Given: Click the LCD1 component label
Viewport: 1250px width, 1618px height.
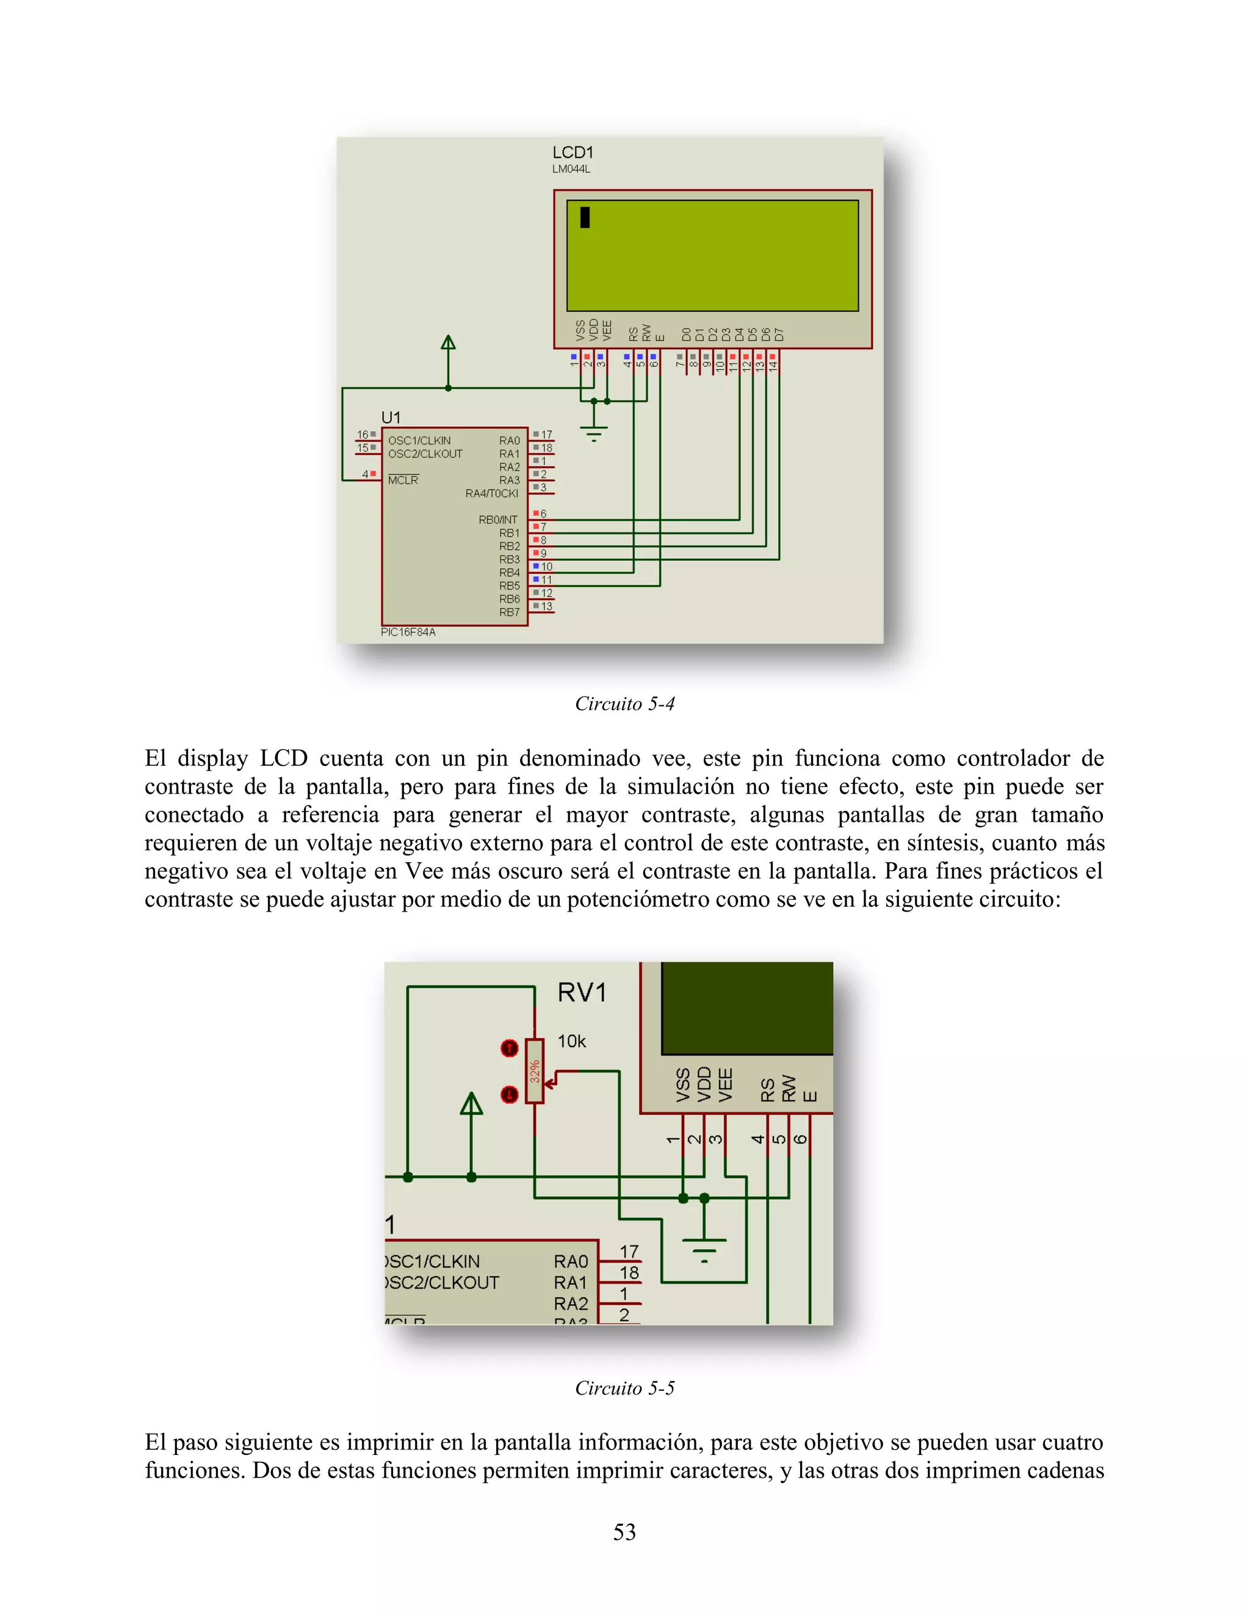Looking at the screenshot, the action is click(x=573, y=153).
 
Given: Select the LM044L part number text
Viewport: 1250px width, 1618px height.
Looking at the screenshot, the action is click(x=571, y=170).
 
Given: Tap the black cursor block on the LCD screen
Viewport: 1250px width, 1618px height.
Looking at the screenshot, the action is click(x=585, y=217).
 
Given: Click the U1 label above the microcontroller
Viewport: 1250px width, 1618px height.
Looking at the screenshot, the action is click(x=390, y=417).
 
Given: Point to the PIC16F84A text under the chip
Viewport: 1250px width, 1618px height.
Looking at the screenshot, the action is click(x=408, y=632).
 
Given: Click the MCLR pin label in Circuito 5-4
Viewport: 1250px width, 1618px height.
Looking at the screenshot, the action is click(x=403, y=480).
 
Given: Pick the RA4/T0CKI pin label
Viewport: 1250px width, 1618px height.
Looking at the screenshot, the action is click(x=492, y=493).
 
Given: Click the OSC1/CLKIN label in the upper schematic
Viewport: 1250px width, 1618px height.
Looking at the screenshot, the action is click(x=419, y=440).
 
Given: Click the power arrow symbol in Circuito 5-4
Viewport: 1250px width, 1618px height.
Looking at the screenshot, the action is click(x=448, y=344).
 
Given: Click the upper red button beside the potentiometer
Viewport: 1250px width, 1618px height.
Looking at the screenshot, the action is click(x=510, y=1048).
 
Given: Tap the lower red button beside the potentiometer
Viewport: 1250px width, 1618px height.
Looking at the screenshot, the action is click(x=510, y=1094).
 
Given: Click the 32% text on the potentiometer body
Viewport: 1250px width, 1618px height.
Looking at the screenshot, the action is click(x=535, y=1072).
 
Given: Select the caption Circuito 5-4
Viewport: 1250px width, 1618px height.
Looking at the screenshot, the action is click(x=624, y=704).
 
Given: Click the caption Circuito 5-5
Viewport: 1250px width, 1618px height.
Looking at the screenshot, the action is click(x=624, y=1388).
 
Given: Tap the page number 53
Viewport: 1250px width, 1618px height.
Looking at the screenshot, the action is click(x=624, y=1531).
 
